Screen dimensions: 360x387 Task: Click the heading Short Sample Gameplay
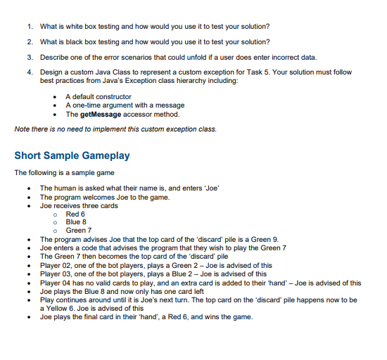click(x=72, y=155)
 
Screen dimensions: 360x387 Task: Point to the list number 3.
click(x=29, y=57)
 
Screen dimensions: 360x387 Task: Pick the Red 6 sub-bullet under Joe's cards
click(x=75, y=214)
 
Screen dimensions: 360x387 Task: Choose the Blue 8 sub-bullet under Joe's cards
click(x=76, y=221)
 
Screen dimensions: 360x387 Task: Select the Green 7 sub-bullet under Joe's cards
click(x=79, y=230)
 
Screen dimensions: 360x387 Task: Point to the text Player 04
click(x=55, y=283)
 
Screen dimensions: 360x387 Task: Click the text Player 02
click(x=55, y=265)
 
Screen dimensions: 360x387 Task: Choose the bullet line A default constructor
click(x=98, y=96)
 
